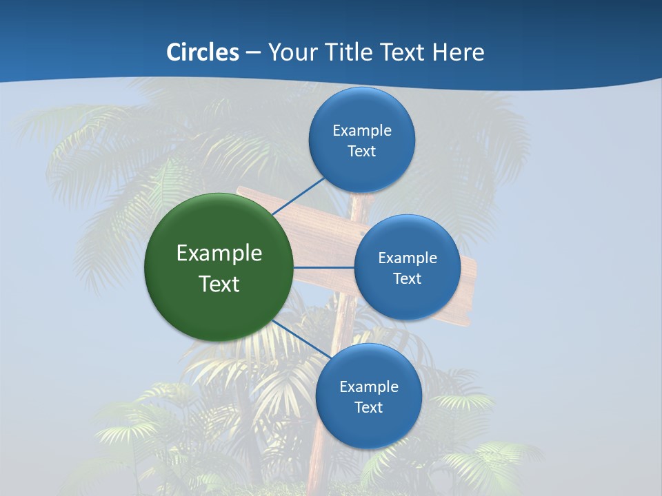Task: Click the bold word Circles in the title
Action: click(x=203, y=52)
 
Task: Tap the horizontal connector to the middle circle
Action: click(x=323, y=267)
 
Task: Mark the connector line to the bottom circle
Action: click(x=297, y=338)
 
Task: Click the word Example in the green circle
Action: click(x=219, y=253)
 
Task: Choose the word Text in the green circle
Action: click(x=219, y=284)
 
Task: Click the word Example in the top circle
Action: click(x=362, y=130)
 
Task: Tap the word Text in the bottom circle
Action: click(x=368, y=407)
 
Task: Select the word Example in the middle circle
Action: click(x=408, y=258)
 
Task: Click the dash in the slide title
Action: click(x=253, y=53)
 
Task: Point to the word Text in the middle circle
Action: click(x=408, y=278)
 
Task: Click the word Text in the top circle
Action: click(x=361, y=151)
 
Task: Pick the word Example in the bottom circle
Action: click(x=369, y=386)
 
